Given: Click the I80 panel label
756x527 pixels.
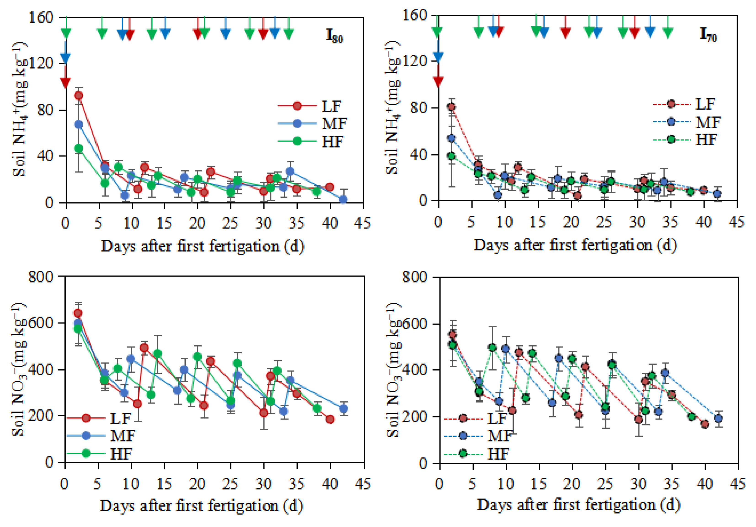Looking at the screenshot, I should [x=334, y=36].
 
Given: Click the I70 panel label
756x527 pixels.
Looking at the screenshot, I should [x=708, y=35].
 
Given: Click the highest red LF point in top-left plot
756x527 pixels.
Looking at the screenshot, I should [x=78, y=96].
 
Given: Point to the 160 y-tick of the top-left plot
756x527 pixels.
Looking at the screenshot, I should [x=41, y=17].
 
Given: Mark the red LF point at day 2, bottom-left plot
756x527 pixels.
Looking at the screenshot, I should [x=78, y=313].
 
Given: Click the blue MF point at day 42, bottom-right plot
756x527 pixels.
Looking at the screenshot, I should [x=719, y=419].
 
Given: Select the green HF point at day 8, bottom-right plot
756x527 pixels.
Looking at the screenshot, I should [x=492, y=348].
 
